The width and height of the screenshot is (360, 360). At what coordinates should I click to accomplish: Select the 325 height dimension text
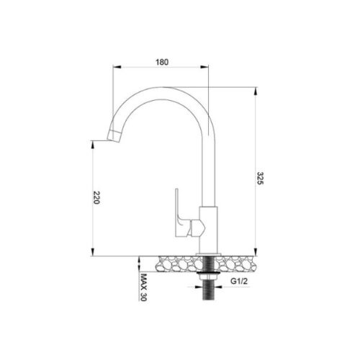pyautogui.click(x=260, y=179)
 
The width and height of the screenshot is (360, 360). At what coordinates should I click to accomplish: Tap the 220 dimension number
pyautogui.click(x=96, y=199)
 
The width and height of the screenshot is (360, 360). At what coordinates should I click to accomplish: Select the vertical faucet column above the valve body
pyautogui.click(x=209, y=173)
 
